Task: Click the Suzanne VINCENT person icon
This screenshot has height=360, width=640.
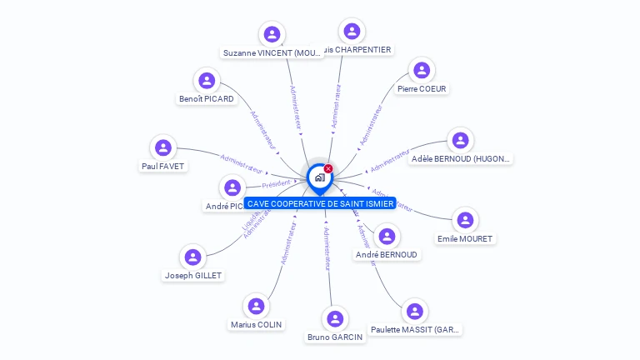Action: [x=271, y=35]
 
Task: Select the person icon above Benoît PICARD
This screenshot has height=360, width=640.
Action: [x=207, y=81]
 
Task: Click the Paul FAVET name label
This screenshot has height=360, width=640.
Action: [x=163, y=166]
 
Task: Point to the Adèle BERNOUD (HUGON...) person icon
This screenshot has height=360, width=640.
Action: [x=460, y=140]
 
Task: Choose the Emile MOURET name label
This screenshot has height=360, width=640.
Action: [x=465, y=238]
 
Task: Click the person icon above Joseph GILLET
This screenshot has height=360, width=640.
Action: [x=192, y=257]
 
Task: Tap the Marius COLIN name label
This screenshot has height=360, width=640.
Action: [x=257, y=324]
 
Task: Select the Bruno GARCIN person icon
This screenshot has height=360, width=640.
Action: [x=335, y=318]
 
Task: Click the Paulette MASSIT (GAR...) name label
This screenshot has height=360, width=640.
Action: [x=415, y=329]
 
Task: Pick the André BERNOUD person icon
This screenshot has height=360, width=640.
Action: [x=386, y=236]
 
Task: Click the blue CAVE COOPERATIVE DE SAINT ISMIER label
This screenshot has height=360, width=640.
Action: [x=320, y=203]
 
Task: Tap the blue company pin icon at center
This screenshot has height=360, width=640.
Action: [x=319, y=177]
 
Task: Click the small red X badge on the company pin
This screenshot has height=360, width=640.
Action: [x=328, y=168]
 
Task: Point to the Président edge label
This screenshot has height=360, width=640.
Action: [x=277, y=183]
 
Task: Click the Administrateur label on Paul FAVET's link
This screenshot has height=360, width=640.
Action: [x=242, y=158]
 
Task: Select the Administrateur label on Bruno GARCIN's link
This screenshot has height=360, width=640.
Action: [x=327, y=248]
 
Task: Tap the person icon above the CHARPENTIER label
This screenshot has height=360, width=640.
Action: [x=352, y=31]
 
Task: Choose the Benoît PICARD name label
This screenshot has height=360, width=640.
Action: [x=207, y=98]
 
